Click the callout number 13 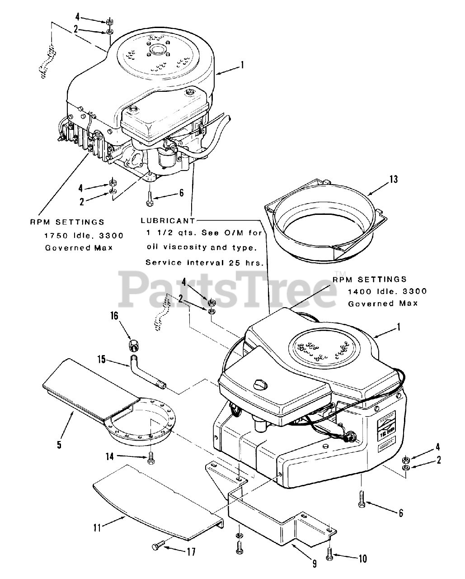tap(394, 180)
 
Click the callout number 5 tap(59, 445)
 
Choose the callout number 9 tap(315, 564)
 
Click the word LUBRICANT tap(168, 221)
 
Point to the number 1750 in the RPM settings tap(55, 235)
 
